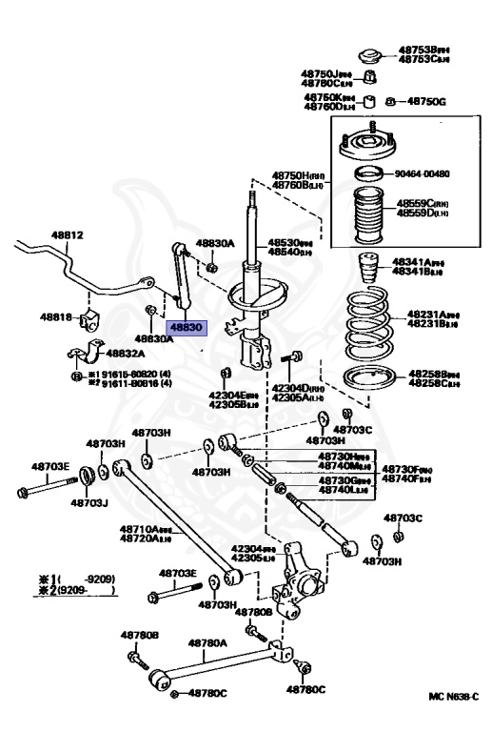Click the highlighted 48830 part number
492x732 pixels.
pos(187,326)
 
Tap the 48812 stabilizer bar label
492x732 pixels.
pos(68,234)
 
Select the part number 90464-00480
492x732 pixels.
pos(423,173)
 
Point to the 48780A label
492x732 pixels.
pos(207,643)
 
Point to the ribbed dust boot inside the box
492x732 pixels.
pos(364,217)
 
